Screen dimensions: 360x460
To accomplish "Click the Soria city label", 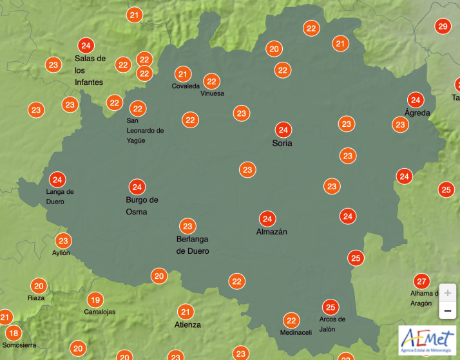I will pos(282,143).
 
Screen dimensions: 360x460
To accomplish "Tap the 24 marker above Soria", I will pos(282,129).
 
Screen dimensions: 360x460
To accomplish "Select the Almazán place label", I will pos(272,232).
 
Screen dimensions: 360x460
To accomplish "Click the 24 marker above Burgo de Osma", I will pos(137,187).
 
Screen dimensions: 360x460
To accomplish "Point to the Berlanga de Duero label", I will pos(193,245).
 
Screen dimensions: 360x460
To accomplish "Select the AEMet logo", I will pos(426,339).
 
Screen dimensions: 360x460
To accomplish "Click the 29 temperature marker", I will pos(442,26).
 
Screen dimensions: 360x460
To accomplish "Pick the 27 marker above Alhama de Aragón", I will pos(422,281).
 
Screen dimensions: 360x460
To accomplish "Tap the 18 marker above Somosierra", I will pos(13,334).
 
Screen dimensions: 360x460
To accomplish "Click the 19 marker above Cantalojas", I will pos(95,299).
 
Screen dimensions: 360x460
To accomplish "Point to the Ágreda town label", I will pos(412,113).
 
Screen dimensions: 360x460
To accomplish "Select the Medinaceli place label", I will pos(296,332).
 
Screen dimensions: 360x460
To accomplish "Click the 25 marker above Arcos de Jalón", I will pos(331,307).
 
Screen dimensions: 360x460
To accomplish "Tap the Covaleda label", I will pos(185,86).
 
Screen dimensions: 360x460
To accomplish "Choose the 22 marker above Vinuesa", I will pos(211,81).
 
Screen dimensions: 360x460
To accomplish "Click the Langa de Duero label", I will pos(60,196).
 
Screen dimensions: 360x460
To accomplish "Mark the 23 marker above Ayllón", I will pos(63,242).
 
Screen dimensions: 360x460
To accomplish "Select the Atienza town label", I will pos(188,325).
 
